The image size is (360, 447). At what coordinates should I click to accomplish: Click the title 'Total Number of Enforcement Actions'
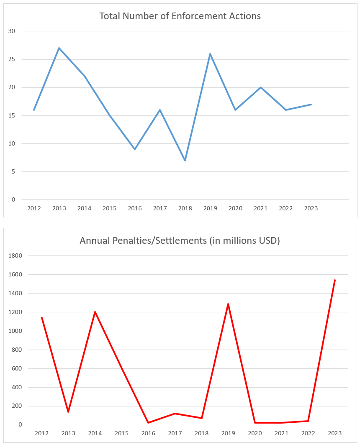180,16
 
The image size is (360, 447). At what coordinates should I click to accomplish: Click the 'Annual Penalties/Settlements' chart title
180,241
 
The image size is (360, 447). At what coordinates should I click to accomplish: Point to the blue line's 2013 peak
59,48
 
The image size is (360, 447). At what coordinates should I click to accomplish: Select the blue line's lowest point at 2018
185,160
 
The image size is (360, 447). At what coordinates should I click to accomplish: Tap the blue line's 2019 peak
210,54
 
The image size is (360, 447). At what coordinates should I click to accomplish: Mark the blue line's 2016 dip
135,149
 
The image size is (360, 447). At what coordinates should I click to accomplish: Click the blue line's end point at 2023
311,105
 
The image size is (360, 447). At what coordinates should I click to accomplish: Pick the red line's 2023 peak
335,280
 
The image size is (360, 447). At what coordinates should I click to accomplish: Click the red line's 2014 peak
95,312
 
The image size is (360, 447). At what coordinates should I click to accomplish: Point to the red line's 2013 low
68,412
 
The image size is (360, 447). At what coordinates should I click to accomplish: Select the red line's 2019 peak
228,304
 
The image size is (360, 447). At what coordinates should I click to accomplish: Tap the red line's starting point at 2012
42,318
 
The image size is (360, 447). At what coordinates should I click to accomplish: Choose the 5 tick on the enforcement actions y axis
13,172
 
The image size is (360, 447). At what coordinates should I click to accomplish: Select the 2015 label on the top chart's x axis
110,208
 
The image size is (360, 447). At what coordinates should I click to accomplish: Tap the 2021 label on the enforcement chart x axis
260,208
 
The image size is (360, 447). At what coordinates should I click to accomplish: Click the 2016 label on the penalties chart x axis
148,434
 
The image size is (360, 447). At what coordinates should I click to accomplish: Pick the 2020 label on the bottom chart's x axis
255,434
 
